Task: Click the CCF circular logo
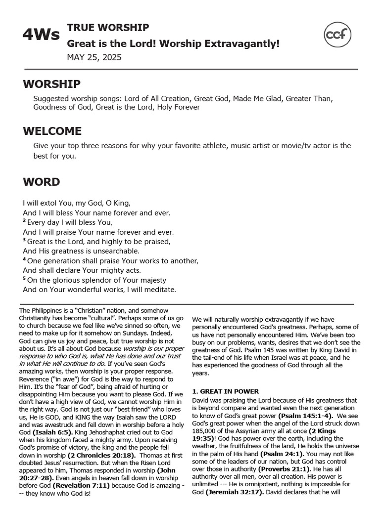tap(337, 35)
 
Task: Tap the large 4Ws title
tap(41, 35)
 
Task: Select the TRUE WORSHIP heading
tap(108, 28)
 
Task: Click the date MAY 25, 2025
tap(94, 57)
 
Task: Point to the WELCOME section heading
tap(52, 131)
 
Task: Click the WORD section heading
tap(41, 182)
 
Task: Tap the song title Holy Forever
tap(179, 107)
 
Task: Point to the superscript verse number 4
tap(24, 259)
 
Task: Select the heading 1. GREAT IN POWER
tap(225, 391)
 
